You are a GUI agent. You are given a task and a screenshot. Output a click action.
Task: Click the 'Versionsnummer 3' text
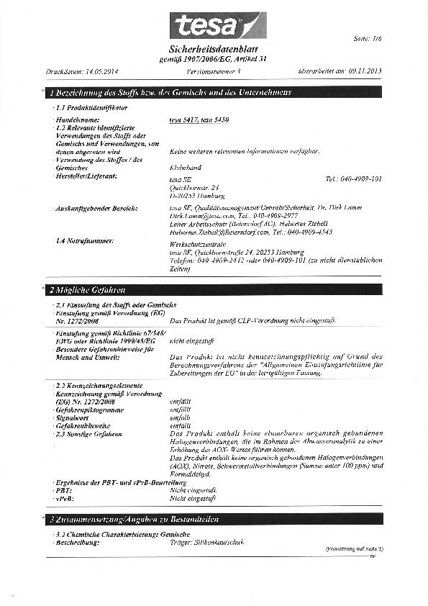click(214, 72)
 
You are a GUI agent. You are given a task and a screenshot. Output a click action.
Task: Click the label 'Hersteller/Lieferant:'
click(86, 176)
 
